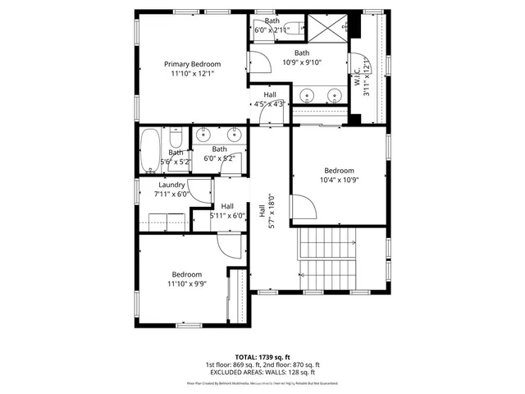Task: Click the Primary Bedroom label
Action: coord(192,64)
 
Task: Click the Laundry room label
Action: coord(171,185)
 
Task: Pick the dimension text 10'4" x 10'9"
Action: coord(339,179)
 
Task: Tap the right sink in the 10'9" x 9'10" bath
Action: coord(334,95)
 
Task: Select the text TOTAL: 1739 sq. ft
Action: coord(262,357)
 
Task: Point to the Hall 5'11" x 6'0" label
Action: coord(227,211)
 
